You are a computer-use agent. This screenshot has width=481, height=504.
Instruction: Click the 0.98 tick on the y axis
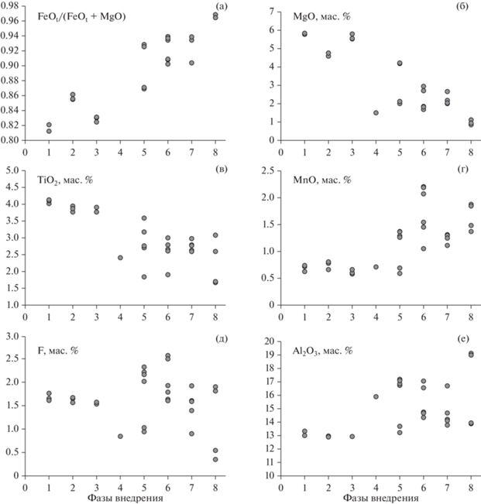click(12, 5)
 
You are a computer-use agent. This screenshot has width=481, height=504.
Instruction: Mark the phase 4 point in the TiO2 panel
click(120, 258)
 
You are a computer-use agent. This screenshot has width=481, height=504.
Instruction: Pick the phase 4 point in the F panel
click(120, 436)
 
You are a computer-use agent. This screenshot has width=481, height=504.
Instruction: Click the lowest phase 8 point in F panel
click(215, 459)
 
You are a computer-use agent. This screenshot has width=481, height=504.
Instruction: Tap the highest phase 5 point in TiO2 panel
click(144, 218)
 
